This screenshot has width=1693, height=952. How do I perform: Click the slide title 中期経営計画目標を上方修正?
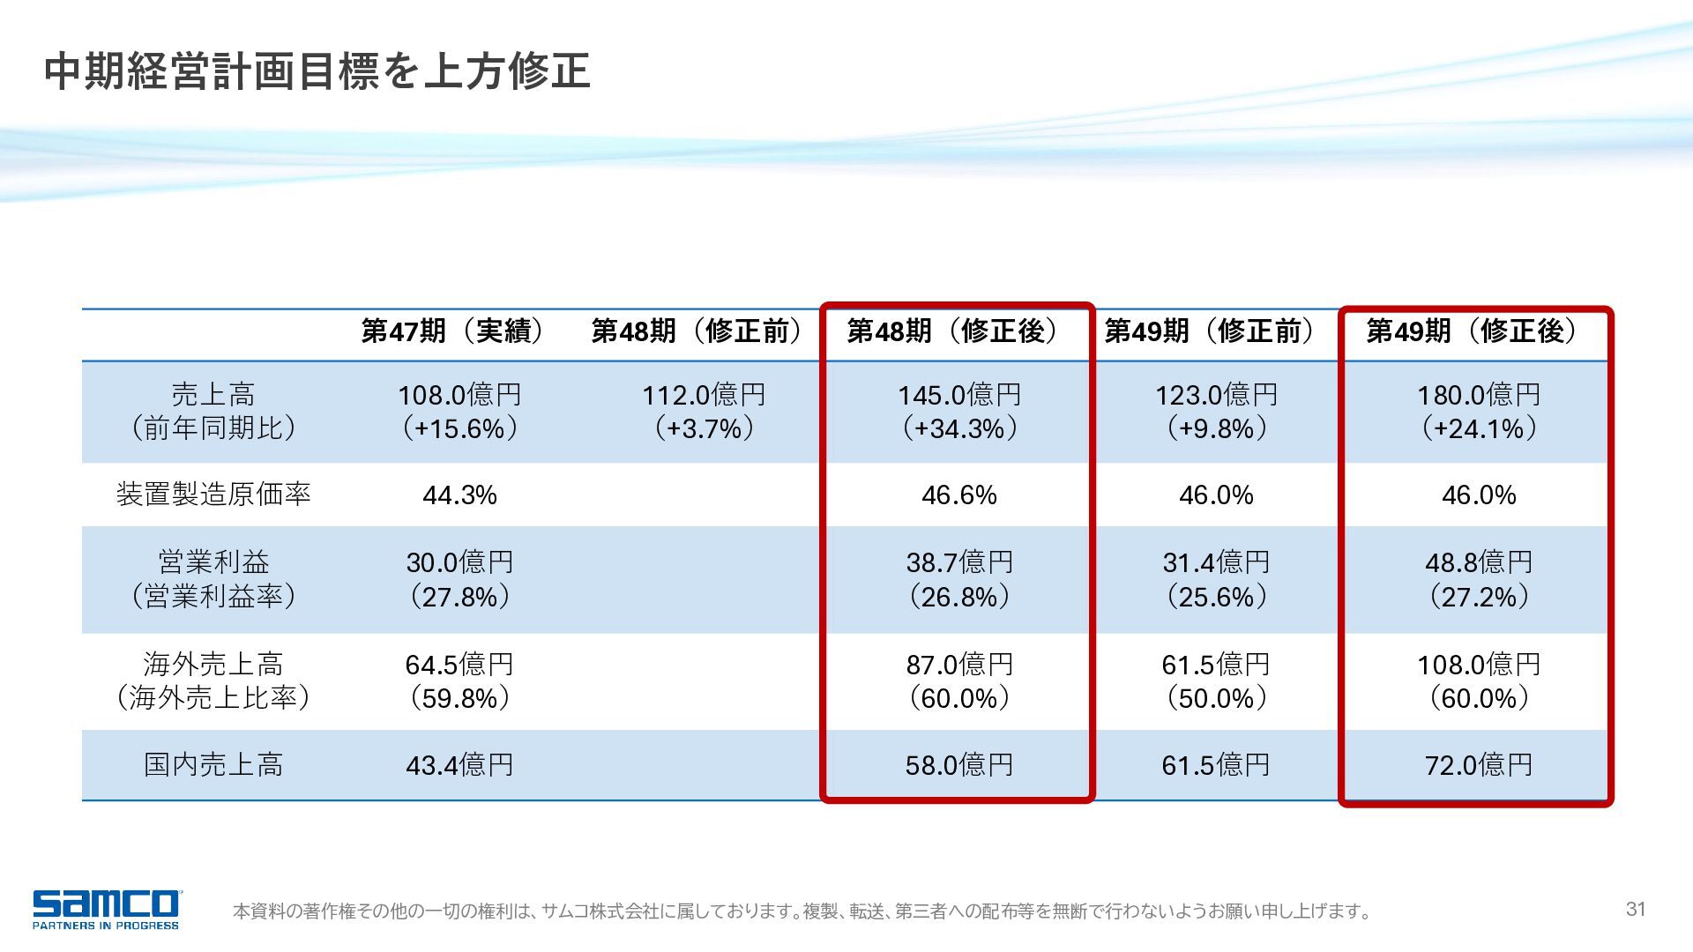point(317,71)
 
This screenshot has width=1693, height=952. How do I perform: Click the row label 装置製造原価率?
point(214,495)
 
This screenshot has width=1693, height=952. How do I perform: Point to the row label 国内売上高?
point(214,764)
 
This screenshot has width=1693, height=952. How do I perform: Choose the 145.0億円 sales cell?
point(959,395)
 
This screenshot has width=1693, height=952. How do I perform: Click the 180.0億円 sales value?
point(1479,395)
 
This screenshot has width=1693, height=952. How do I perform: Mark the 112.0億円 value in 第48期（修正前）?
point(704,395)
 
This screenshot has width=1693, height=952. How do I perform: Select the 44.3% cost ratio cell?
point(459,495)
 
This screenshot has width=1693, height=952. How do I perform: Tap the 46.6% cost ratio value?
point(959,495)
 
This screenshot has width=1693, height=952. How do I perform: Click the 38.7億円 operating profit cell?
point(959,562)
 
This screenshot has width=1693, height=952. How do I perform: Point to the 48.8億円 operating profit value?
point(1479,562)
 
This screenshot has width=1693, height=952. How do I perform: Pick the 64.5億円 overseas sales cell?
point(459,665)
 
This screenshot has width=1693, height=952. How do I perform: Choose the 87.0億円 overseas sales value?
point(959,665)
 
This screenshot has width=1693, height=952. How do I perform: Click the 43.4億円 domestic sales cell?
point(459,765)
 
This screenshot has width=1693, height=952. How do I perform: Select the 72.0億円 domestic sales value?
point(1479,765)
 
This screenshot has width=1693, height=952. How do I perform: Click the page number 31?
point(1636,909)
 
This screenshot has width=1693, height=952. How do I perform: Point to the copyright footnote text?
point(802,911)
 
